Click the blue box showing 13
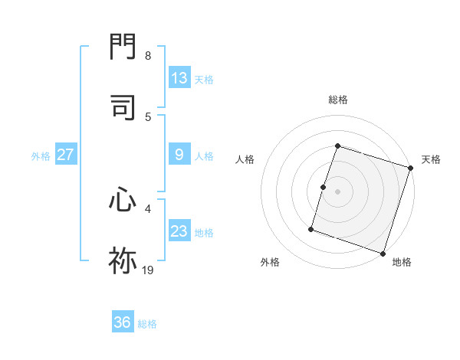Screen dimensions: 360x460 tap(179, 78)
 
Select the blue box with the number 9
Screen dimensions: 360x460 tap(179, 155)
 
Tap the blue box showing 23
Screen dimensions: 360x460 tap(179, 231)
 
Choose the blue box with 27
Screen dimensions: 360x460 tap(65, 155)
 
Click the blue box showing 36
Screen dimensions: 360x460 tap(123, 322)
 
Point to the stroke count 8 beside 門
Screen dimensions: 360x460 tap(147, 56)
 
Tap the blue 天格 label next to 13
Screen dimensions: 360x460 tap(203, 80)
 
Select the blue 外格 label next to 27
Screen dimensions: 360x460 tap(41, 156)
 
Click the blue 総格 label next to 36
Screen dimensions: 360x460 tap(147, 324)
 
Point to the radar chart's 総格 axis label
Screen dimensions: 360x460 tap(337, 100)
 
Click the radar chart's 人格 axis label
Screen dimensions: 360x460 tap(245, 159)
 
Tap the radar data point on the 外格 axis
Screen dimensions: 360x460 tap(311, 229)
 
